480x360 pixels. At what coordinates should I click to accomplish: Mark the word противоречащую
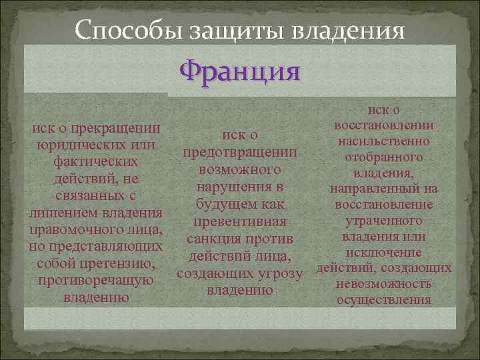[97, 281]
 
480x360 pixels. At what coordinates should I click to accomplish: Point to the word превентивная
[241, 221]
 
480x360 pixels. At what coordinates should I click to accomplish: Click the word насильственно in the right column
[383, 141]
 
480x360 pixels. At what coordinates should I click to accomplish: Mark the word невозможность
[383, 284]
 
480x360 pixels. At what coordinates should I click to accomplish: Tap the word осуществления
[383, 300]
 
